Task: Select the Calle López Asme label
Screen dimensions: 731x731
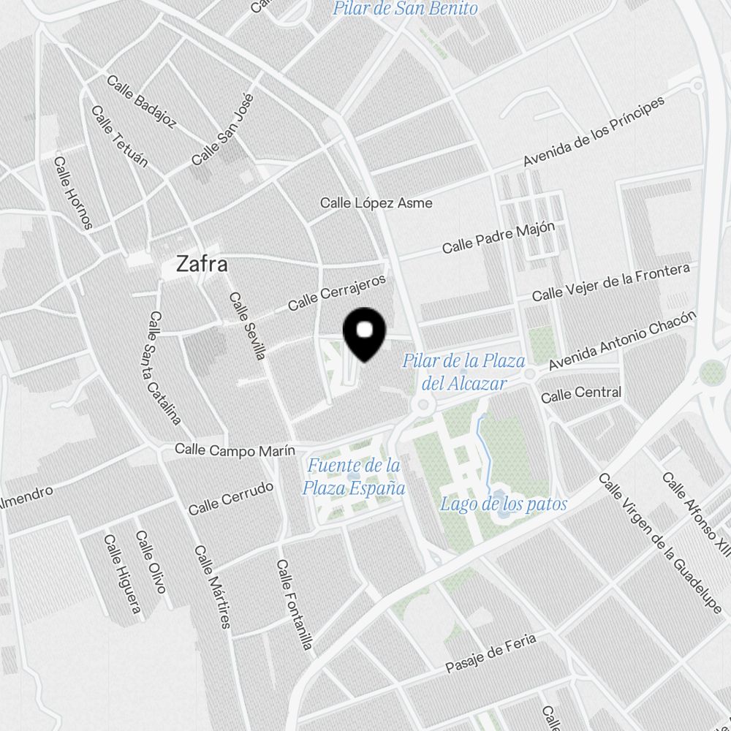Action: (x=376, y=202)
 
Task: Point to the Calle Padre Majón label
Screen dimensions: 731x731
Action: (x=499, y=237)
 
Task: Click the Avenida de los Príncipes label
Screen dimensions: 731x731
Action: (x=594, y=131)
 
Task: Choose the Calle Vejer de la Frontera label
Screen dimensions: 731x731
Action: (x=610, y=283)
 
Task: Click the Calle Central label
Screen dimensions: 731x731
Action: (x=581, y=394)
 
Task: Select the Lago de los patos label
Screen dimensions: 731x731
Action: (x=504, y=504)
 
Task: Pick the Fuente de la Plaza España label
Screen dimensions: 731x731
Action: (x=354, y=477)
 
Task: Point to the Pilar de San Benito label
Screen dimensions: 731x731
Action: (x=405, y=9)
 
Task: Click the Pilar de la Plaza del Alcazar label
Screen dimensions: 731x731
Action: (x=464, y=371)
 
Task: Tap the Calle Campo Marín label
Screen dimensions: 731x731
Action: (x=235, y=450)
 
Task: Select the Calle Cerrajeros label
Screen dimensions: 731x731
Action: (x=336, y=292)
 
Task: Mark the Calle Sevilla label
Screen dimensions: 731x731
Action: (x=247, y=326)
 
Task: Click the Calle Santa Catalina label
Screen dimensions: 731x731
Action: (x=164, y=368)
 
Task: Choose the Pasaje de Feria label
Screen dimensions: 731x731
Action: (x=491, y=653)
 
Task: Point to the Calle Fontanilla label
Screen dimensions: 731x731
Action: (x=295, y=605)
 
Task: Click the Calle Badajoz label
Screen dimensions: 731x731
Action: (x=142, y=101)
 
